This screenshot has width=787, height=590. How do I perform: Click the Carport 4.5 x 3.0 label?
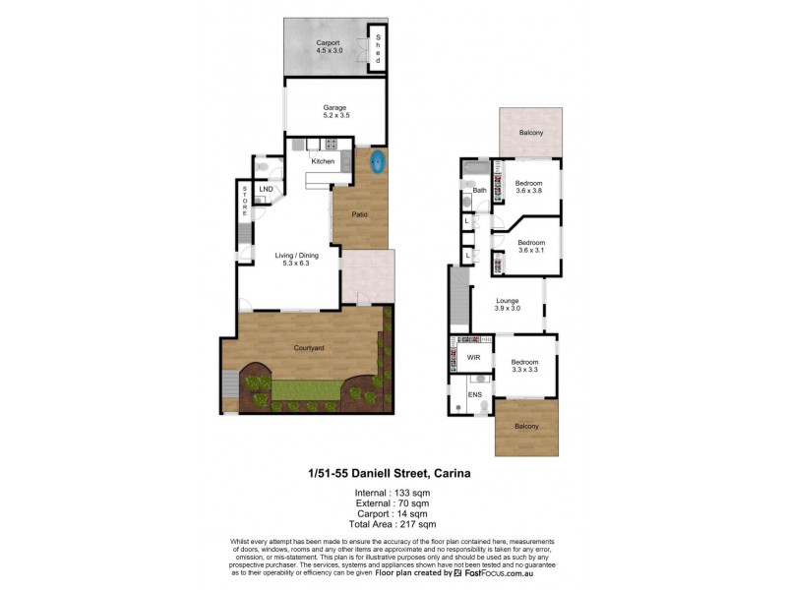click(328, 47)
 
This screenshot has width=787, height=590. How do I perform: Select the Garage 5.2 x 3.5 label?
click(336, 111)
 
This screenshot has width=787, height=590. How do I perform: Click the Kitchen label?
click(323, 161)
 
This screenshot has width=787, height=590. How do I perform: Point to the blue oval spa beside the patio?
click(378, 163)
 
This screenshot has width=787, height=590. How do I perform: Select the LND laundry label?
click(266, 189)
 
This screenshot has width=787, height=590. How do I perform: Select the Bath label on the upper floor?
click(480, 191)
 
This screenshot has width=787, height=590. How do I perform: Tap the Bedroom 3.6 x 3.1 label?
click(531, 246)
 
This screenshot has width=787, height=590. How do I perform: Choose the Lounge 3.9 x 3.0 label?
click(507, 305)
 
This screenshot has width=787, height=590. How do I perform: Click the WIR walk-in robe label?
click(472, 358)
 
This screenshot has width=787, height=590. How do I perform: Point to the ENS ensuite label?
click(474, 397)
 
